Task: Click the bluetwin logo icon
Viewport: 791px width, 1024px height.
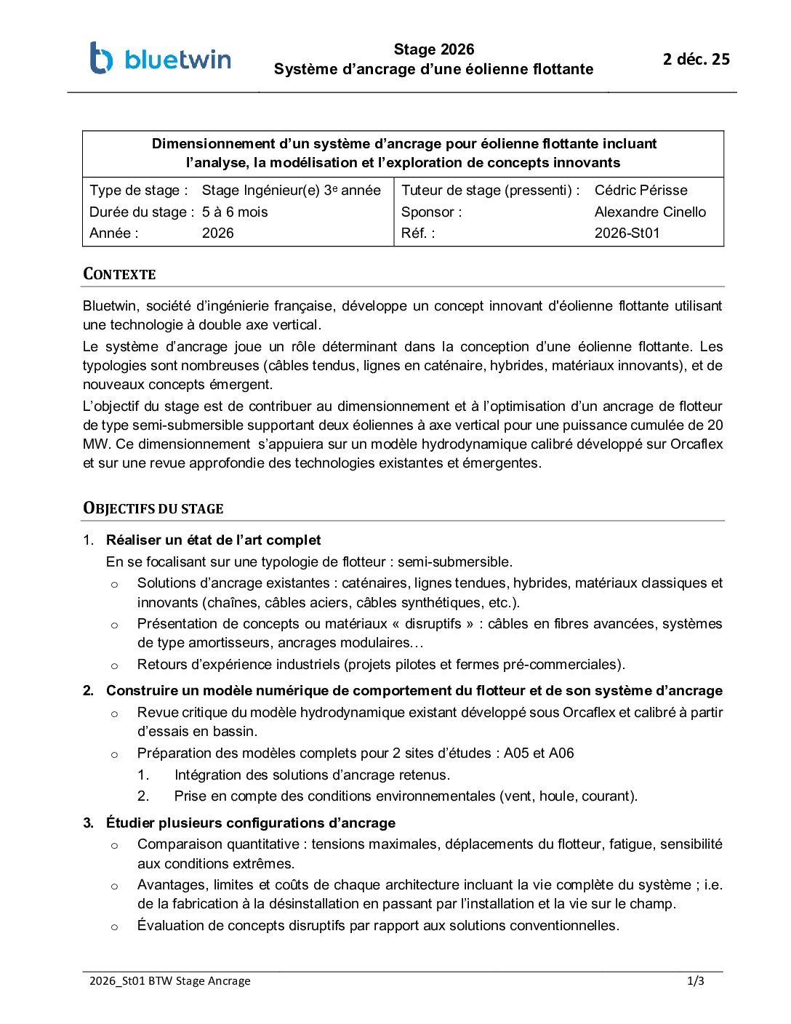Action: (x=101, y=58)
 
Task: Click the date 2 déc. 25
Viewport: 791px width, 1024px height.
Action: (x=696, y=60)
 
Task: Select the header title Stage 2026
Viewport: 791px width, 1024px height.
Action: (x=433, y=49)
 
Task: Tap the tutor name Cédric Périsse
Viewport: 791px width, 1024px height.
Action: (x=641, y=191)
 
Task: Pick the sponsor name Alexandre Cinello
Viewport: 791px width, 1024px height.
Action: (x=650, y=212)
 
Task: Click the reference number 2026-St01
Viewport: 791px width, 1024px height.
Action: (x=627, y=233)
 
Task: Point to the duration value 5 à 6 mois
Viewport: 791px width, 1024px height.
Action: (x=235, y=212)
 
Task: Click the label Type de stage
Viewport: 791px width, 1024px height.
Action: (x=138, y=191)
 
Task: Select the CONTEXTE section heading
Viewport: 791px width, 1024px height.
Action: (x=119, y=274)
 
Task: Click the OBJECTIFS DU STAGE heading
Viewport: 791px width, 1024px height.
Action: (x=153, y=508)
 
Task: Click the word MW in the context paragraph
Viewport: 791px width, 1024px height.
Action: (x=95, y=444)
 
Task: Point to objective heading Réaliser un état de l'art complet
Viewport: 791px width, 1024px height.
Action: (x=213, y=540)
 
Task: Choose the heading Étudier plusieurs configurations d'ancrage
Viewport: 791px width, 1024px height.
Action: (x=251, y=823)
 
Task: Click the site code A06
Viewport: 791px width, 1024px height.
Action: (x=561, y=753)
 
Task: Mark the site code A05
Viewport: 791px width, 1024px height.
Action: (x=516, y=753)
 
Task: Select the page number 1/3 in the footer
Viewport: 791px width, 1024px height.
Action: (x=695, y=981)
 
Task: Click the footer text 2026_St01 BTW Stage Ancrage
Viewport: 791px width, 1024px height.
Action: (x=169, y=981)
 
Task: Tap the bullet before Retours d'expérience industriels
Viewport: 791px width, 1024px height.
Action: (x=114, y=665)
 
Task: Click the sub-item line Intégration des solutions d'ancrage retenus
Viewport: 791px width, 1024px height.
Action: (x=312, y=775)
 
